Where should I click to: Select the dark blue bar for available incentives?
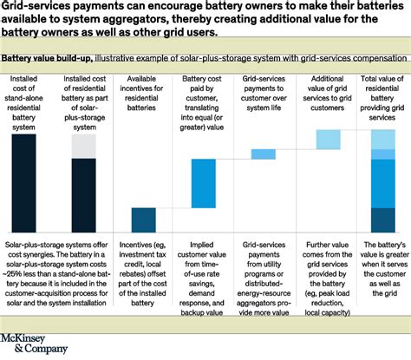pos(143,220)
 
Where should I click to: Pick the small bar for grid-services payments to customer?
pos(263,154)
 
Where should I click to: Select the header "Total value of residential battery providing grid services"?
pos(382,97)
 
